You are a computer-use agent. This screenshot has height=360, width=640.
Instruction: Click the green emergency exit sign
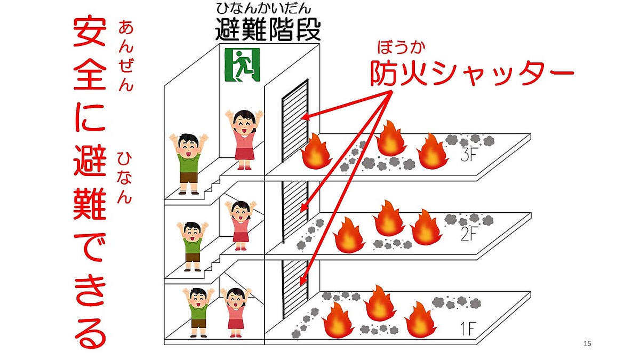(x=242, y=65)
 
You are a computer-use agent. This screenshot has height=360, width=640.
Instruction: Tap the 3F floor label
(x=469, y=155)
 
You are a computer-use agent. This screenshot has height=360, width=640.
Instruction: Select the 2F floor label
(x=469, y=234)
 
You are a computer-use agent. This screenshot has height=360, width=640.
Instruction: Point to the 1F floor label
(x=467, y=329)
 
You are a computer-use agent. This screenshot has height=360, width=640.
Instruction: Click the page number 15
(x=587, y=343)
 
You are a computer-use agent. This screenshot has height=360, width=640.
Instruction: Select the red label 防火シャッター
(x=472, y=73)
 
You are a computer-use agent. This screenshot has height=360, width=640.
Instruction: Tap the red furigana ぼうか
(x=401, y=47)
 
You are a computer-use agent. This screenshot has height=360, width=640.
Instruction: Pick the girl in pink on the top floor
(x=244, y=140)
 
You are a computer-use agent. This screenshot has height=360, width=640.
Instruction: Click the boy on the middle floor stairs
(x=193, y=246)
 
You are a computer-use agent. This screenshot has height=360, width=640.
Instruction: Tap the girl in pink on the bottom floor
(x=236, y=313)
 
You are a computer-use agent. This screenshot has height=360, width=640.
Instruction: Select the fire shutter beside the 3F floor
(x=295, y=121)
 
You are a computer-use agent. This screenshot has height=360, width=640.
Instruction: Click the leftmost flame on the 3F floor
(x=316, y=151)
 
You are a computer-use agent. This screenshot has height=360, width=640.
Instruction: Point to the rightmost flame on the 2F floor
(x=426, y=227)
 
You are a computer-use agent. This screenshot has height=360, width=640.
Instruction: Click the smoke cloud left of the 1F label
(x=457, y=302)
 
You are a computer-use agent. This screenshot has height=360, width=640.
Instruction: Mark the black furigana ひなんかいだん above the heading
(x=263, y=9)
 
